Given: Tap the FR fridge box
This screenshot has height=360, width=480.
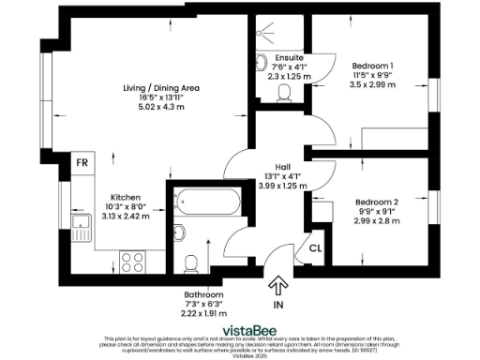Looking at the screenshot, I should point(82,161).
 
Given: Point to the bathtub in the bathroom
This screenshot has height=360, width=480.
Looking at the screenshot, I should point(206,201).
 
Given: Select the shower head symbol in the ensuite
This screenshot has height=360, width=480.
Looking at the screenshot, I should point(267,28).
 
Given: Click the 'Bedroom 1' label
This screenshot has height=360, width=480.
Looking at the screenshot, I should point(373,67).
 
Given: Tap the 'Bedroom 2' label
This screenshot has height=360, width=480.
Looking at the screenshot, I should point(375,202).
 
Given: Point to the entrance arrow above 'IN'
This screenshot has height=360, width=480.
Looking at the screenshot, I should point(278,286).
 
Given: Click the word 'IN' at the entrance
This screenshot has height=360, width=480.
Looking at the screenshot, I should point(278,306).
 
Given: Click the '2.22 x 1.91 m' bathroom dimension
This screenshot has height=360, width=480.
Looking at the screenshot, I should point(203,313).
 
